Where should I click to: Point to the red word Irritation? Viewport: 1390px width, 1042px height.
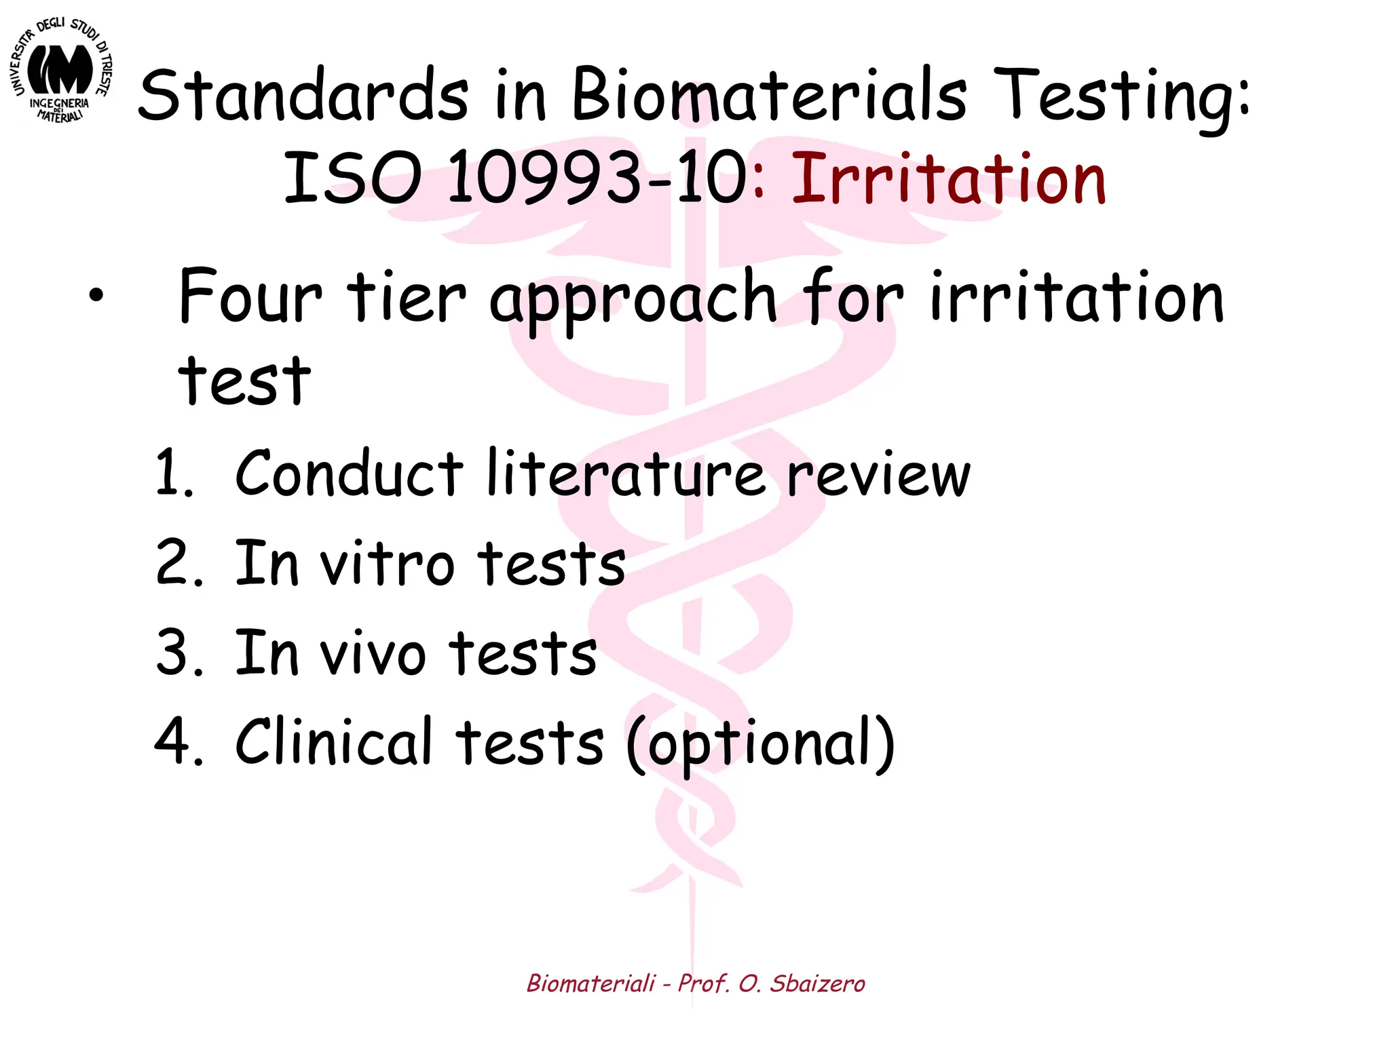[949, 178]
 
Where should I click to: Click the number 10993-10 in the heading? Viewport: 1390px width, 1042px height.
[597, 178]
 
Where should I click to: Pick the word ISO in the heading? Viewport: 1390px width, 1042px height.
[352, 178]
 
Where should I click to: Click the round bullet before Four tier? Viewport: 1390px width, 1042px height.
[96, 296]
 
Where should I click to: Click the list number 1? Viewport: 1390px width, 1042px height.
[173, 473]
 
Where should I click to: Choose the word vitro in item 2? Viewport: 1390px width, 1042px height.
[387, 564]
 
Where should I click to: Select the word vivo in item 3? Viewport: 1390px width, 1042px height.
[373, 653]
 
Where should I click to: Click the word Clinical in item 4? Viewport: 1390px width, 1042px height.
[333, 741]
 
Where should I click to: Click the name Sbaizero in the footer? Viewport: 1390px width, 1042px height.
[817, 983]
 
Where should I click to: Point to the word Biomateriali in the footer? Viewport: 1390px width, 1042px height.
[591, 983]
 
